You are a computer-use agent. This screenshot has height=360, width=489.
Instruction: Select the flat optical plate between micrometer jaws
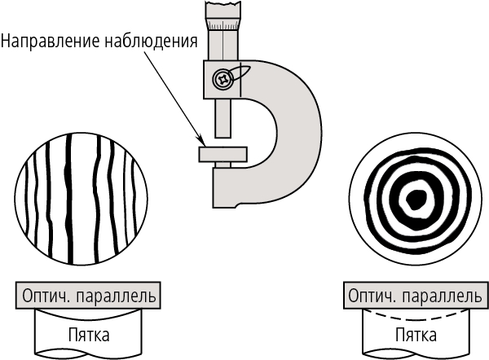(222, 154)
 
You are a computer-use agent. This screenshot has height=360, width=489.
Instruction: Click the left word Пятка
(88, 336)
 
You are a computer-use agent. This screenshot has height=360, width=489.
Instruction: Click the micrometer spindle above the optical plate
(222, 122)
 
